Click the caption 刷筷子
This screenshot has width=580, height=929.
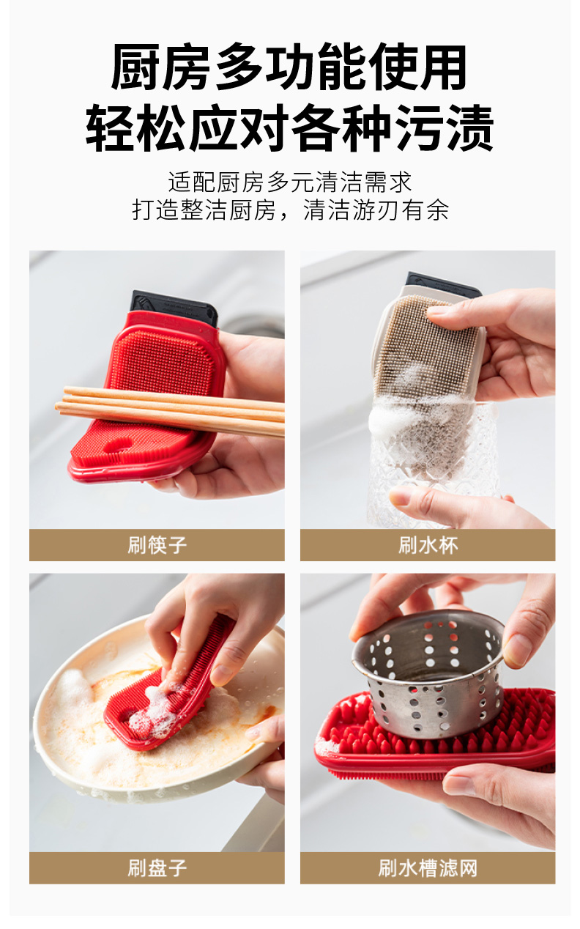(157, 545)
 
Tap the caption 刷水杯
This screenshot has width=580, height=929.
(428, 545)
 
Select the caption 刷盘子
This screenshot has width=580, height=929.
(157, 867)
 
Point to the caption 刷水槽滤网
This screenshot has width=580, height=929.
(428, 867)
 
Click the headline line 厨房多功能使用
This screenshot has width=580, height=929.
(289, 67)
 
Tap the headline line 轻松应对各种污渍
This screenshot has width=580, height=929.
(289, 127)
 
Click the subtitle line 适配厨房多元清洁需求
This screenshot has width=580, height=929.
(290, 182)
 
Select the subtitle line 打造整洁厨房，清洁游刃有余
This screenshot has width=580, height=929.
(290, 210)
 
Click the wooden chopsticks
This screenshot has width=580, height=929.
(170, 410)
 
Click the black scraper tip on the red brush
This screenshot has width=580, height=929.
(174, 308)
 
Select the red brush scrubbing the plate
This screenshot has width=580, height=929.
(170, 701)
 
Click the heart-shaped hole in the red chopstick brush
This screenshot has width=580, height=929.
(118, 446)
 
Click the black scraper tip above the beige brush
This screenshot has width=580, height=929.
(444, 284)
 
